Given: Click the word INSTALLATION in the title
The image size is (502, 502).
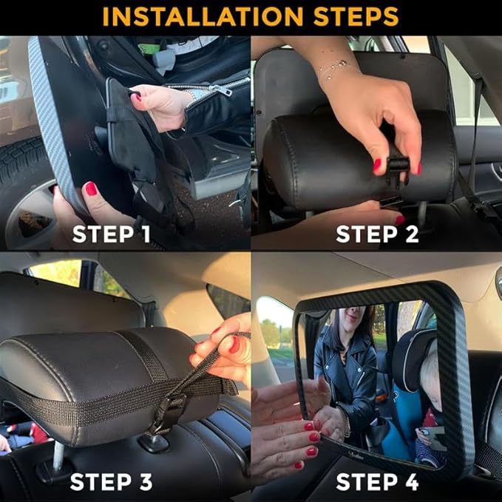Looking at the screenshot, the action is (203, 16).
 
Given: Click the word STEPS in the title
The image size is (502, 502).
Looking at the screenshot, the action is (356, 16).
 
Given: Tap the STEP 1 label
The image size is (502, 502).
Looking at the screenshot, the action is (111, 234).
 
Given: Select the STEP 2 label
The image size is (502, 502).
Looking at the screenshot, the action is (377, 234).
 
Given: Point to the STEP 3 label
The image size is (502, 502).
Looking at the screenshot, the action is (111, 482).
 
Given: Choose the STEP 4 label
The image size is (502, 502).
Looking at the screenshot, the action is (377, 482).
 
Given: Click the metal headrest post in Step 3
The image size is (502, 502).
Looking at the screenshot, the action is (58, 455).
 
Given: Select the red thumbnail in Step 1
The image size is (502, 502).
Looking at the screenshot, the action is (91, 189).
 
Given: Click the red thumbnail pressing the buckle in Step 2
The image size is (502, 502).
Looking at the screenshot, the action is (377, 165).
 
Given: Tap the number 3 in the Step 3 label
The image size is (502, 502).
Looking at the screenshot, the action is (146, 482).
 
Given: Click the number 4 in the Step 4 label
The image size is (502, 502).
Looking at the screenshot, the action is (411, 482).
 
